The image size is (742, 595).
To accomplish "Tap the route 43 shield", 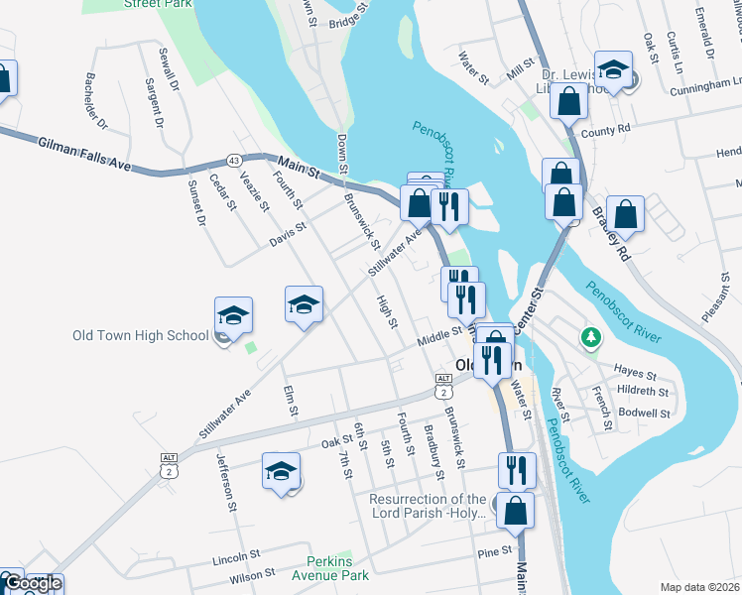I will click(234, 160).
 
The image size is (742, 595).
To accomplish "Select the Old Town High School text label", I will click(140, 335).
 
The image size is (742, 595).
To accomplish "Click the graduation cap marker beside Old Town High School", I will click(233, 315).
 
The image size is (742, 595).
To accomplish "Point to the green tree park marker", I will click(591, 338).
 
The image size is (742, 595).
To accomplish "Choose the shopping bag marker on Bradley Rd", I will click(626, 213).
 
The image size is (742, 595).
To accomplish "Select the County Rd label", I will click(607, 130).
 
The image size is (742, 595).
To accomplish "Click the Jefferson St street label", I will click(225, 482).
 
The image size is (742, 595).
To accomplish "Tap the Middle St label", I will click(440, 338).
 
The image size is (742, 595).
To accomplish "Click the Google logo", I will click(32, 584).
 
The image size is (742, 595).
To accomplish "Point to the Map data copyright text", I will click(699, 586).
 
